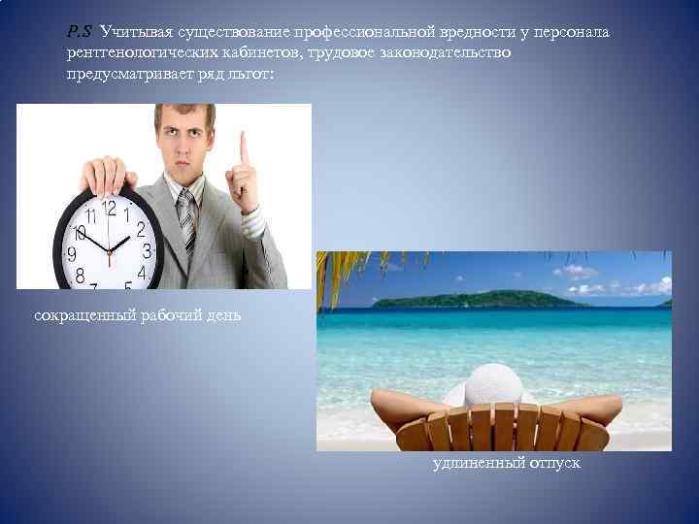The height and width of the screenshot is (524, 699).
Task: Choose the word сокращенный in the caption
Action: [x=81, y=315]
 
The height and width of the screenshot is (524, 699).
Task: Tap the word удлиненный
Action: [x=474, y=464]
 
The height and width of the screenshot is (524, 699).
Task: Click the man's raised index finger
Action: [x=244, y=150]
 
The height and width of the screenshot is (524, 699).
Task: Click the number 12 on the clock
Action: [x=109, y=207]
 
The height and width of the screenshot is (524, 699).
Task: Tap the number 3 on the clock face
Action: [x=147, y=250]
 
